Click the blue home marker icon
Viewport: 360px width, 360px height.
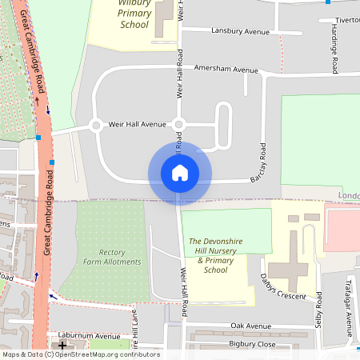pos(179,173)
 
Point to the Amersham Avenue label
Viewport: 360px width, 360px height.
pos(226,70)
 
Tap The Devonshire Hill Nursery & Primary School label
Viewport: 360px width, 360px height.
pos(218,255)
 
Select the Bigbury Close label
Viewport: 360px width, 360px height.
pos(252,344)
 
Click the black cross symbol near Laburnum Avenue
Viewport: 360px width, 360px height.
pos(62,345)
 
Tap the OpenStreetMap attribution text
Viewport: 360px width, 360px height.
pos(81,354)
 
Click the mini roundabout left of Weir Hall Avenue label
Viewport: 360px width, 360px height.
pos(96,125)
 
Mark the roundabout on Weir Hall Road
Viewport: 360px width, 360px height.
pos(179,124)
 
